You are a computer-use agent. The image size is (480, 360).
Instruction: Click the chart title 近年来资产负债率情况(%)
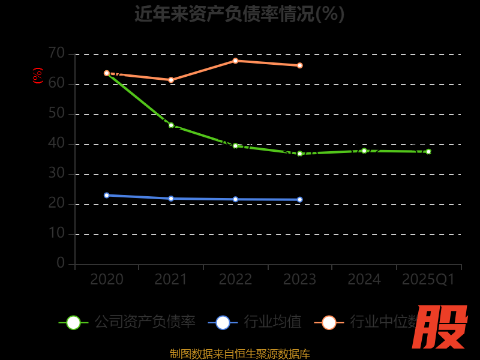pos(239,13)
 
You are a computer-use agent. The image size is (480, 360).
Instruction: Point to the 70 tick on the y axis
pos(56,53)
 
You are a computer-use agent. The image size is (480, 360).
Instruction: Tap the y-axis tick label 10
pos(56,233)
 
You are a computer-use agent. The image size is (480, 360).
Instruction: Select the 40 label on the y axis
pos(56,143)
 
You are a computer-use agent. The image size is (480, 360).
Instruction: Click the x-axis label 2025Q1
pos(428,280)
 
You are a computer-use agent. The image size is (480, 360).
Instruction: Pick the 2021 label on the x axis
pos(171,280)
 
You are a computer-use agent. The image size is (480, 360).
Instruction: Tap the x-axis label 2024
pos(364,280)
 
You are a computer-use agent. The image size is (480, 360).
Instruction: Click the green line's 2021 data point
pos(171,125)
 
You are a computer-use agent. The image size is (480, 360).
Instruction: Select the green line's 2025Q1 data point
pos(428,152)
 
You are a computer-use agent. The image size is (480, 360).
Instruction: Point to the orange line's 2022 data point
pos(235,61)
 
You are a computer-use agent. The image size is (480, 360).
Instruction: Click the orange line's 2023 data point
pos(300,65)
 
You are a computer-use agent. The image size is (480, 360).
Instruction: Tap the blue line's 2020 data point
pos(107,195)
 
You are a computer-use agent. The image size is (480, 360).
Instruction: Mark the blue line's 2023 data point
pos(300,200)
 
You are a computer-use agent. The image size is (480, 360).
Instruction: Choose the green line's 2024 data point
pos(364,151)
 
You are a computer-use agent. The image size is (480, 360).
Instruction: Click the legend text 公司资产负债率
pos(145,322)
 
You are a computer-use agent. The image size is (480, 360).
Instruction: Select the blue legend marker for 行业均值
pos(223,322)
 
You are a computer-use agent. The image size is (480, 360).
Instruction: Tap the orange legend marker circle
pos(329,322)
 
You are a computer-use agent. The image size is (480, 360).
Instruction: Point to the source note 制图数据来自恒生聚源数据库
pos(240,354)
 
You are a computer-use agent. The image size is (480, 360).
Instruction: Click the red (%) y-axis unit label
pos(38,76)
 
